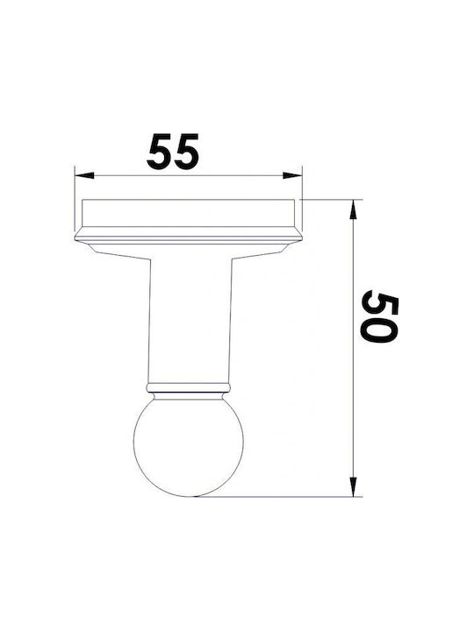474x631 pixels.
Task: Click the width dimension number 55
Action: pos(173,152)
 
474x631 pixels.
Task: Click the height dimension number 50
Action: pos(379,315)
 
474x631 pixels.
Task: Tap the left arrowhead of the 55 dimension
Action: pos(84,175)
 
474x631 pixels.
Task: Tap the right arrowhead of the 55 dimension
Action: pos(292,175)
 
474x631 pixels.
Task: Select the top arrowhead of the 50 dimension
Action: pos(353,209)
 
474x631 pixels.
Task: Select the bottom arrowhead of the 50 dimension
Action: pos(353,487)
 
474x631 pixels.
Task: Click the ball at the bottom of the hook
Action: pos(189,448)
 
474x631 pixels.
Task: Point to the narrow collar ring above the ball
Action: pos(189,388)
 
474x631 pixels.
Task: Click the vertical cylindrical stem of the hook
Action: pos(190,320)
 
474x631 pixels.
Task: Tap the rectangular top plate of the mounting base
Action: pos(188,213)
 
